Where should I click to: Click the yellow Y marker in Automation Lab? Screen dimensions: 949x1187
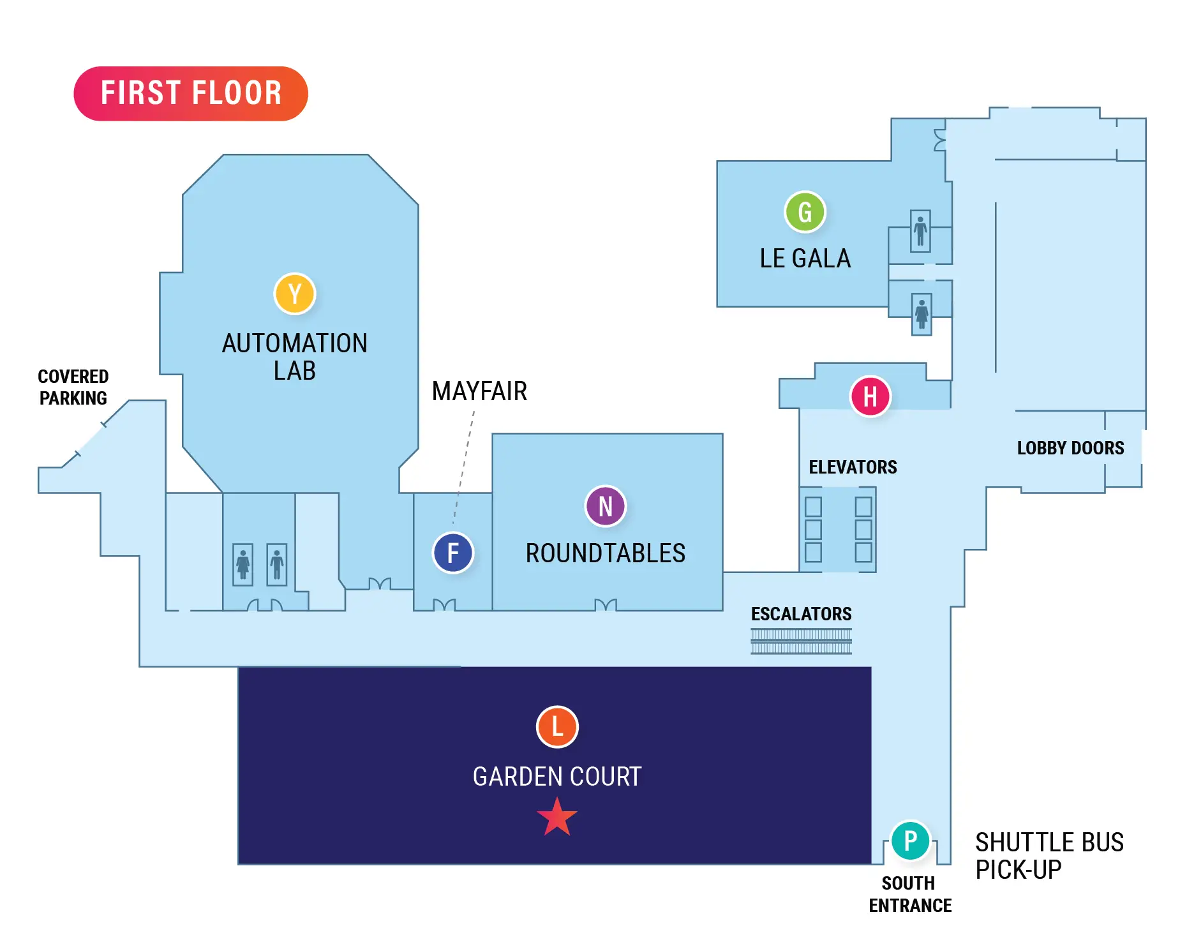(294, 294)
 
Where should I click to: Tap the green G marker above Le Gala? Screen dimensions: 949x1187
(805, 212)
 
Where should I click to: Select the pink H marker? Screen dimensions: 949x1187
(870, 396)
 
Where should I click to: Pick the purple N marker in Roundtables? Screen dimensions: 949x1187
(605, 506)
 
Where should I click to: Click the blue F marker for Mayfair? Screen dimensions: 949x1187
(453, 553)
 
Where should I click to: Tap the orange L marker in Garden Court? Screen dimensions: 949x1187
(557, 726)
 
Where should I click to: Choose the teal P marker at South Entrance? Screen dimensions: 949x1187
(910, 840)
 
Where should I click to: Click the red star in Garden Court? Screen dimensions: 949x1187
(557, 818)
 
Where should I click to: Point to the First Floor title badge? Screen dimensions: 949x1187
(191, 93)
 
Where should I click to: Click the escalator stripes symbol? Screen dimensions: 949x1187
(801, 641)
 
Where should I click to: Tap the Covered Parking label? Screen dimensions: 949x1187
(73, 387)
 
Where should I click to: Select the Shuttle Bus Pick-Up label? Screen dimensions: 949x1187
(1049, 856)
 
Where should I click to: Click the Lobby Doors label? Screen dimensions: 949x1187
(1070, 448)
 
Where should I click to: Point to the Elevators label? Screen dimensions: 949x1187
(853, 467)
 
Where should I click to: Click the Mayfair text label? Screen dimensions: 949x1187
(479, 391)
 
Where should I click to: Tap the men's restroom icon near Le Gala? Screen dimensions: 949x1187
(920, 231)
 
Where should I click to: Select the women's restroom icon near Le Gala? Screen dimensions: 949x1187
(921, 314)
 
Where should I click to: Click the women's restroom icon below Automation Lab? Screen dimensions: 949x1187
(243, 564)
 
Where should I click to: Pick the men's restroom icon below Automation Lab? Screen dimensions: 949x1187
(276, 564)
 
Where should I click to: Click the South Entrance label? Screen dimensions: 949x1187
(909, 894)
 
